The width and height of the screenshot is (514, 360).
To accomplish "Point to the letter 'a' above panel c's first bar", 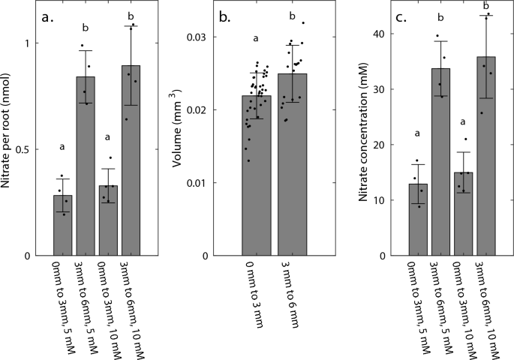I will pyautogui.click(x=418, y=134).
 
